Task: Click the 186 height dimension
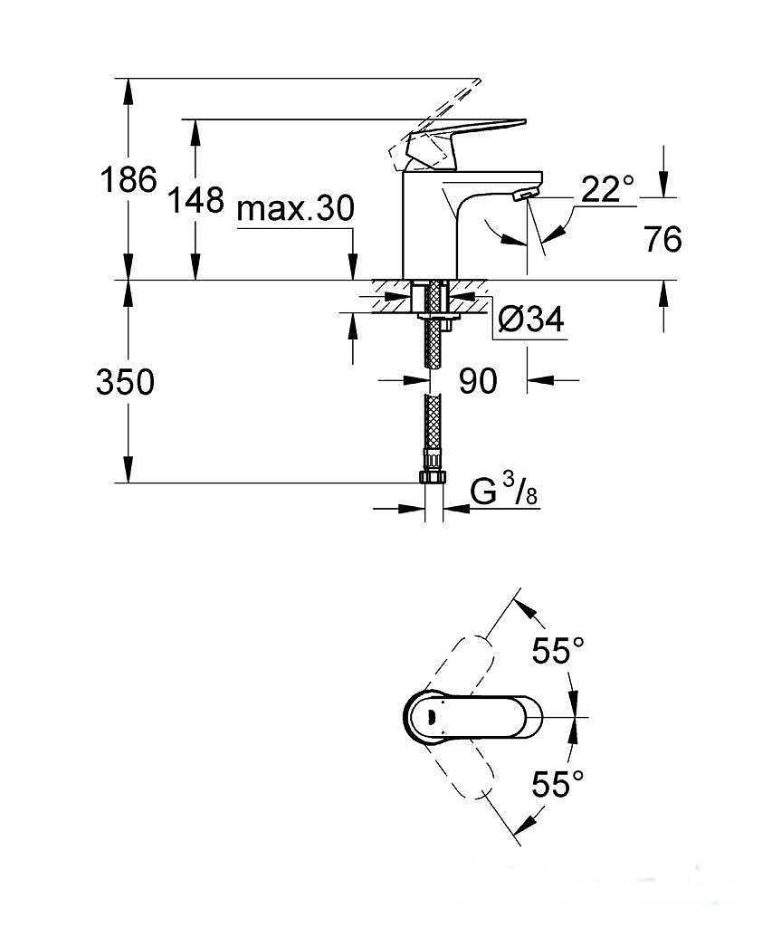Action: pyautogui.click(x=129, y=179)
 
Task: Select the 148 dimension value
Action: pyautogui.click(x=196, y=200)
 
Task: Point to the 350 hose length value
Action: pyautogui.click(x=125, y=382)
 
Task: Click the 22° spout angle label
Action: pyautogui.click(x=607, y=189)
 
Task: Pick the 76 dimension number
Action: pyautogui.click(x=663, y=239)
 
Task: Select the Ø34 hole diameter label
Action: pyautogui.click(x=531, y=320)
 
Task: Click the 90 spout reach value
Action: pyautogui.click(x=478, y=381)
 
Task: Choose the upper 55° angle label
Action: pyautogui.click(x=558, y=651)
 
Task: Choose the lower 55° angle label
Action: pyautogui.click(x=558, y=784)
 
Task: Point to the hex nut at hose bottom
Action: pyautogui.click(x=434, y=476)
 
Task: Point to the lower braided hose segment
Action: pyautogui.click(x=434, y=424)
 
